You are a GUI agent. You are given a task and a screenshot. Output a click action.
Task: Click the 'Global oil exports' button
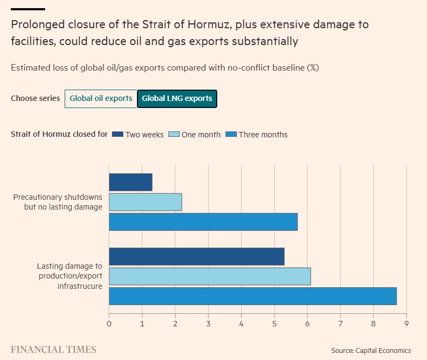coord(101,99)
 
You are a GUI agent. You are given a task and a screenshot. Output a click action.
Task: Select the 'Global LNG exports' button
coord(177,99)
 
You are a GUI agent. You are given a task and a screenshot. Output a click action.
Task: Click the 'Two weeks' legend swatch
coord(117,135)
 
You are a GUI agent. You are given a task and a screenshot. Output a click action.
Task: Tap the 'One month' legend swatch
coord(174,135)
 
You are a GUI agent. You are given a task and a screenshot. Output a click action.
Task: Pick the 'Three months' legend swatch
coord(230,135)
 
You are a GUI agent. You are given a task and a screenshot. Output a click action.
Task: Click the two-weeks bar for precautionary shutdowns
coord(130,182)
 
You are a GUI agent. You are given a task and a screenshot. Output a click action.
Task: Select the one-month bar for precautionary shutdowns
coord(145,202)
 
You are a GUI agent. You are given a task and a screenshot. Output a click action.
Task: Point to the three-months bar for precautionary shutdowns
coord(203,222)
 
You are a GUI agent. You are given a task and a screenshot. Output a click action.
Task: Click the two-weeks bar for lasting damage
coord(197,256)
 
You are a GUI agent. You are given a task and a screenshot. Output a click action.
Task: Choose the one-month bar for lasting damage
coord(210,276)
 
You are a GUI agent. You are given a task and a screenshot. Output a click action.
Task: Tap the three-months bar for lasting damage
coord(253,296)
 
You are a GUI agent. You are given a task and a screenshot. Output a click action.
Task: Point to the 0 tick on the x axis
coord(109,324)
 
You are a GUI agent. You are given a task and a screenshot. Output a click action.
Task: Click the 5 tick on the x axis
coord(274,324)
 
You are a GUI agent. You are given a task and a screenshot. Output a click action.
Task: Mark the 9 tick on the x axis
coord(406,324)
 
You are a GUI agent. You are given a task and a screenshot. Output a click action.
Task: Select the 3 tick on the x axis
coord(208,324)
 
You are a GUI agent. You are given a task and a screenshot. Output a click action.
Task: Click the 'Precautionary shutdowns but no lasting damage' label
coord(58,202)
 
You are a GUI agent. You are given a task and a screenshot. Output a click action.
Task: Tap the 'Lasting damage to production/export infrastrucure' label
coord(70,276)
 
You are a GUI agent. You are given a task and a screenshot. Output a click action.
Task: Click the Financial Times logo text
coord(53,350)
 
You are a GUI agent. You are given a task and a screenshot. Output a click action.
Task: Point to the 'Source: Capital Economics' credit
coord(371,350)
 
